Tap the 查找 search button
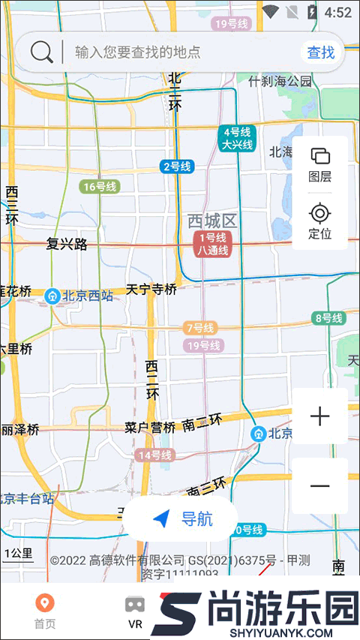pyautogui.click(x=321, y=53)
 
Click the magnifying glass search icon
pyautogui.click(x=42, y=52)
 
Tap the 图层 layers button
pyautogui.click(x=320, y=164)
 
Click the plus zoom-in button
pyautogui.click(x=320, y=416)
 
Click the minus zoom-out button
pyautogui.click(x=320, y=486)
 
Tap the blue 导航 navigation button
pyautogui.click(x=181, y=518)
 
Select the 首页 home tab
pyautogui.click(x=45, y=610)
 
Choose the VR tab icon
pyautogui.click(x=135, y=610)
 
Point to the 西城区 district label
pyautogui.click(x=212, y=221)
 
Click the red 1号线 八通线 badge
pyautogui.click(x=212, y=244)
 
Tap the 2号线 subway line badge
pyautogui.click(x=177, y=167)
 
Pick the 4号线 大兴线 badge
pyautogui.click(x=237, y=139)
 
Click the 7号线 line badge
pyautogui.click(x=199, y=328)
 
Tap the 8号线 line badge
pyautogui.click(x=328, y=318)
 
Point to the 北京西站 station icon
pyautogui.click(x=53, y=296)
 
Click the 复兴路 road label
pyautogui.click(x=67, y=244)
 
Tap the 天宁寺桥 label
pyautogui.click(x=151, y=289)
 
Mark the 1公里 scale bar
pyautogui.click(x=19, y=554)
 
